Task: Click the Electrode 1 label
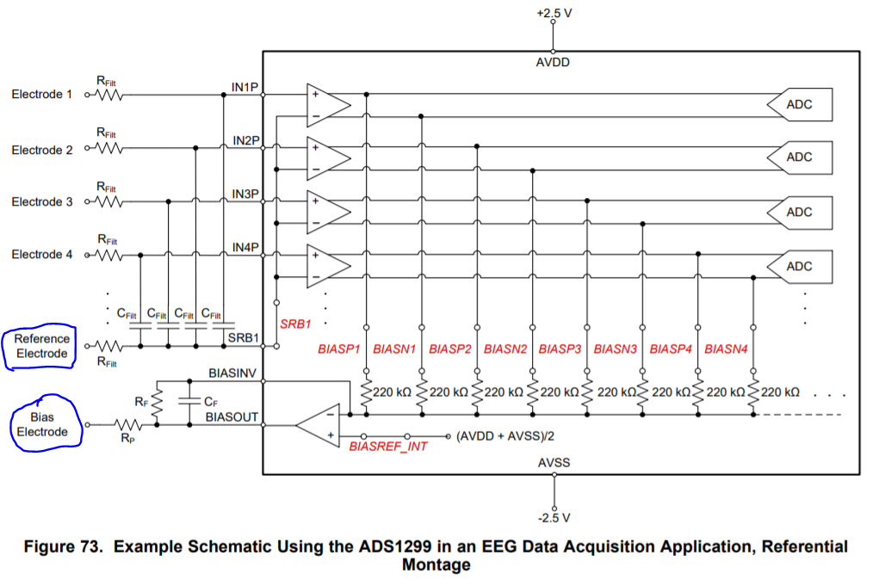tap(42, 94)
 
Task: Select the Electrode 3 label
tap(42, 202)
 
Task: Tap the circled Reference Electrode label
tap(42, 346)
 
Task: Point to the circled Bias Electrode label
tap(42, 424)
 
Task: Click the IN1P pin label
tap(245, 87)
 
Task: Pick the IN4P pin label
tap(245, 247)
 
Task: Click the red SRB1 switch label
tap(295, 324)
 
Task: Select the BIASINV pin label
tap(232, 373)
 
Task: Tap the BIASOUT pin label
tap(232, 416)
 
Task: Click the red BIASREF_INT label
tap(388, 447)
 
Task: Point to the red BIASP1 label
tap(338, 349)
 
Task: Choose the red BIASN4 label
tap(726, 349)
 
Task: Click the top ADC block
tap(799, 104)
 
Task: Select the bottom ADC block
tap(799, 266)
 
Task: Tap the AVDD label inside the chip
tap(553, 63)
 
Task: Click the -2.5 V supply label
tap(554, 518)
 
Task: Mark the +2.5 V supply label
tap(554, 13)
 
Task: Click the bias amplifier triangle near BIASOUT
tap(318, 425)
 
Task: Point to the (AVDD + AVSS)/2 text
tap(505, 436)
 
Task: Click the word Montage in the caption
tap(436, 564)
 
